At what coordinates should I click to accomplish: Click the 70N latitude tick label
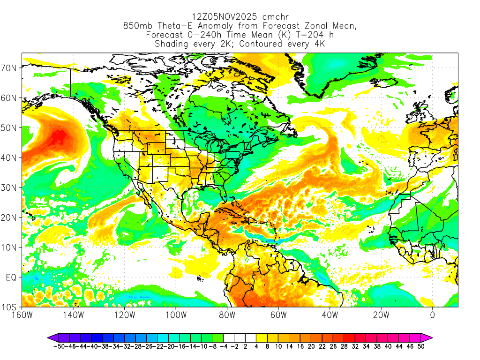(9, 67)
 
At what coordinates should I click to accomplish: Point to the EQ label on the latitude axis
(11, 277)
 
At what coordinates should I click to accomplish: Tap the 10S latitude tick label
(9, 307)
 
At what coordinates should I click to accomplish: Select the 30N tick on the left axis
(9, 187)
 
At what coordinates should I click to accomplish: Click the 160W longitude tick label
(22, 315)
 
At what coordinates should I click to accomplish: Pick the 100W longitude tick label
(175, 315)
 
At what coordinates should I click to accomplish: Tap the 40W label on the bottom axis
(330, 315)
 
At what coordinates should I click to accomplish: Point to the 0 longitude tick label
(432, 315)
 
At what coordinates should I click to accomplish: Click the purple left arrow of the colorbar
(52, 337)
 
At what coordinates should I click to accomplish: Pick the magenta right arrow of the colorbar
(427, 337)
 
